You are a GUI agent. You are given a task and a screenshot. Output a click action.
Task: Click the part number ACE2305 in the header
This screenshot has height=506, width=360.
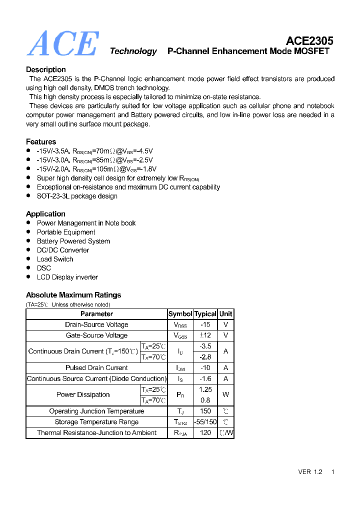[x=309, y=40]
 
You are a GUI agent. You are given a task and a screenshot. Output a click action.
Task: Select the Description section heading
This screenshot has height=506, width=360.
[x=46, y=69]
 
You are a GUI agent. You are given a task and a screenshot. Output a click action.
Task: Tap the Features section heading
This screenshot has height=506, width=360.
[x=41, y=141]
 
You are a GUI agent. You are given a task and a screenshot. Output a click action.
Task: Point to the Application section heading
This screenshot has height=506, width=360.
[x=45, y=213]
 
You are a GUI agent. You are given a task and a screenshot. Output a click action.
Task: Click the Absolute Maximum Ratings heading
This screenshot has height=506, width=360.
[x=73, y=294]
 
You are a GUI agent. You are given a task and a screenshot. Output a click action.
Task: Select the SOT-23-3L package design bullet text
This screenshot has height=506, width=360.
[x=77, y=196]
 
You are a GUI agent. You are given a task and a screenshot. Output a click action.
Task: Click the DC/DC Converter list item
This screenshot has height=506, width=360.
[x=63, y=250]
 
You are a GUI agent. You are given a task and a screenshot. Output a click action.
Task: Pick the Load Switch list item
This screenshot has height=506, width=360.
[x=55, y=259]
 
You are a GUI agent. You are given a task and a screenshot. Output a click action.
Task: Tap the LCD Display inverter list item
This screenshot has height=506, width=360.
[x=67, y=277]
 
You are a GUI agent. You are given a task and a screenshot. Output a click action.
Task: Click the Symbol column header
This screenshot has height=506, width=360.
[x=180, y=314]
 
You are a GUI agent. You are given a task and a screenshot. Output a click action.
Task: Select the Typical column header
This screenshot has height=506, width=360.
[x=205, y=314]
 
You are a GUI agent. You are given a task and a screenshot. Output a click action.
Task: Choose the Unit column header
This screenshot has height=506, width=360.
[x=226, y=314]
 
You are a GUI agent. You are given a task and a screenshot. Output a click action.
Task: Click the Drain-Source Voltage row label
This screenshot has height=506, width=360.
[x=96, y=324]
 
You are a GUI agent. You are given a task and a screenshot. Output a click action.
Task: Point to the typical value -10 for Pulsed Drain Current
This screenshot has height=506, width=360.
[x=205, y=367]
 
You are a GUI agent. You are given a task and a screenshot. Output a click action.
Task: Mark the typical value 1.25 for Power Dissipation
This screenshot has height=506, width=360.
[x=205, y=389]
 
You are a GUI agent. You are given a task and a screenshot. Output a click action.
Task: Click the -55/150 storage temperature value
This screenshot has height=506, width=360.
[x=205, y=421]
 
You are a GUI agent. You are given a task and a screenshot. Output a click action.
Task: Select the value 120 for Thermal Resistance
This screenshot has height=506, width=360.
[x=205, y=432]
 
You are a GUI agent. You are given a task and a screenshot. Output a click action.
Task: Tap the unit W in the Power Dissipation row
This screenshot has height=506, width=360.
[x=226, y=394]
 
